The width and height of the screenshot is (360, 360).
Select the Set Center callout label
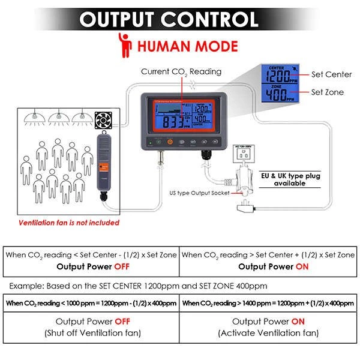[x=331, y=74]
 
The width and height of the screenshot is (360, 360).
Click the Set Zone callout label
[x=328, y=92]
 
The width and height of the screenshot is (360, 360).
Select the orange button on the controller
[x=170, y=142]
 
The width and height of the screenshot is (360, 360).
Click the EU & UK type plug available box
[x=290, y=179]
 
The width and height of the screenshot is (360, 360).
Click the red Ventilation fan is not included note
[x=69, y=223]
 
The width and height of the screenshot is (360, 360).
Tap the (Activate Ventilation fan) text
[x=268, y=333]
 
